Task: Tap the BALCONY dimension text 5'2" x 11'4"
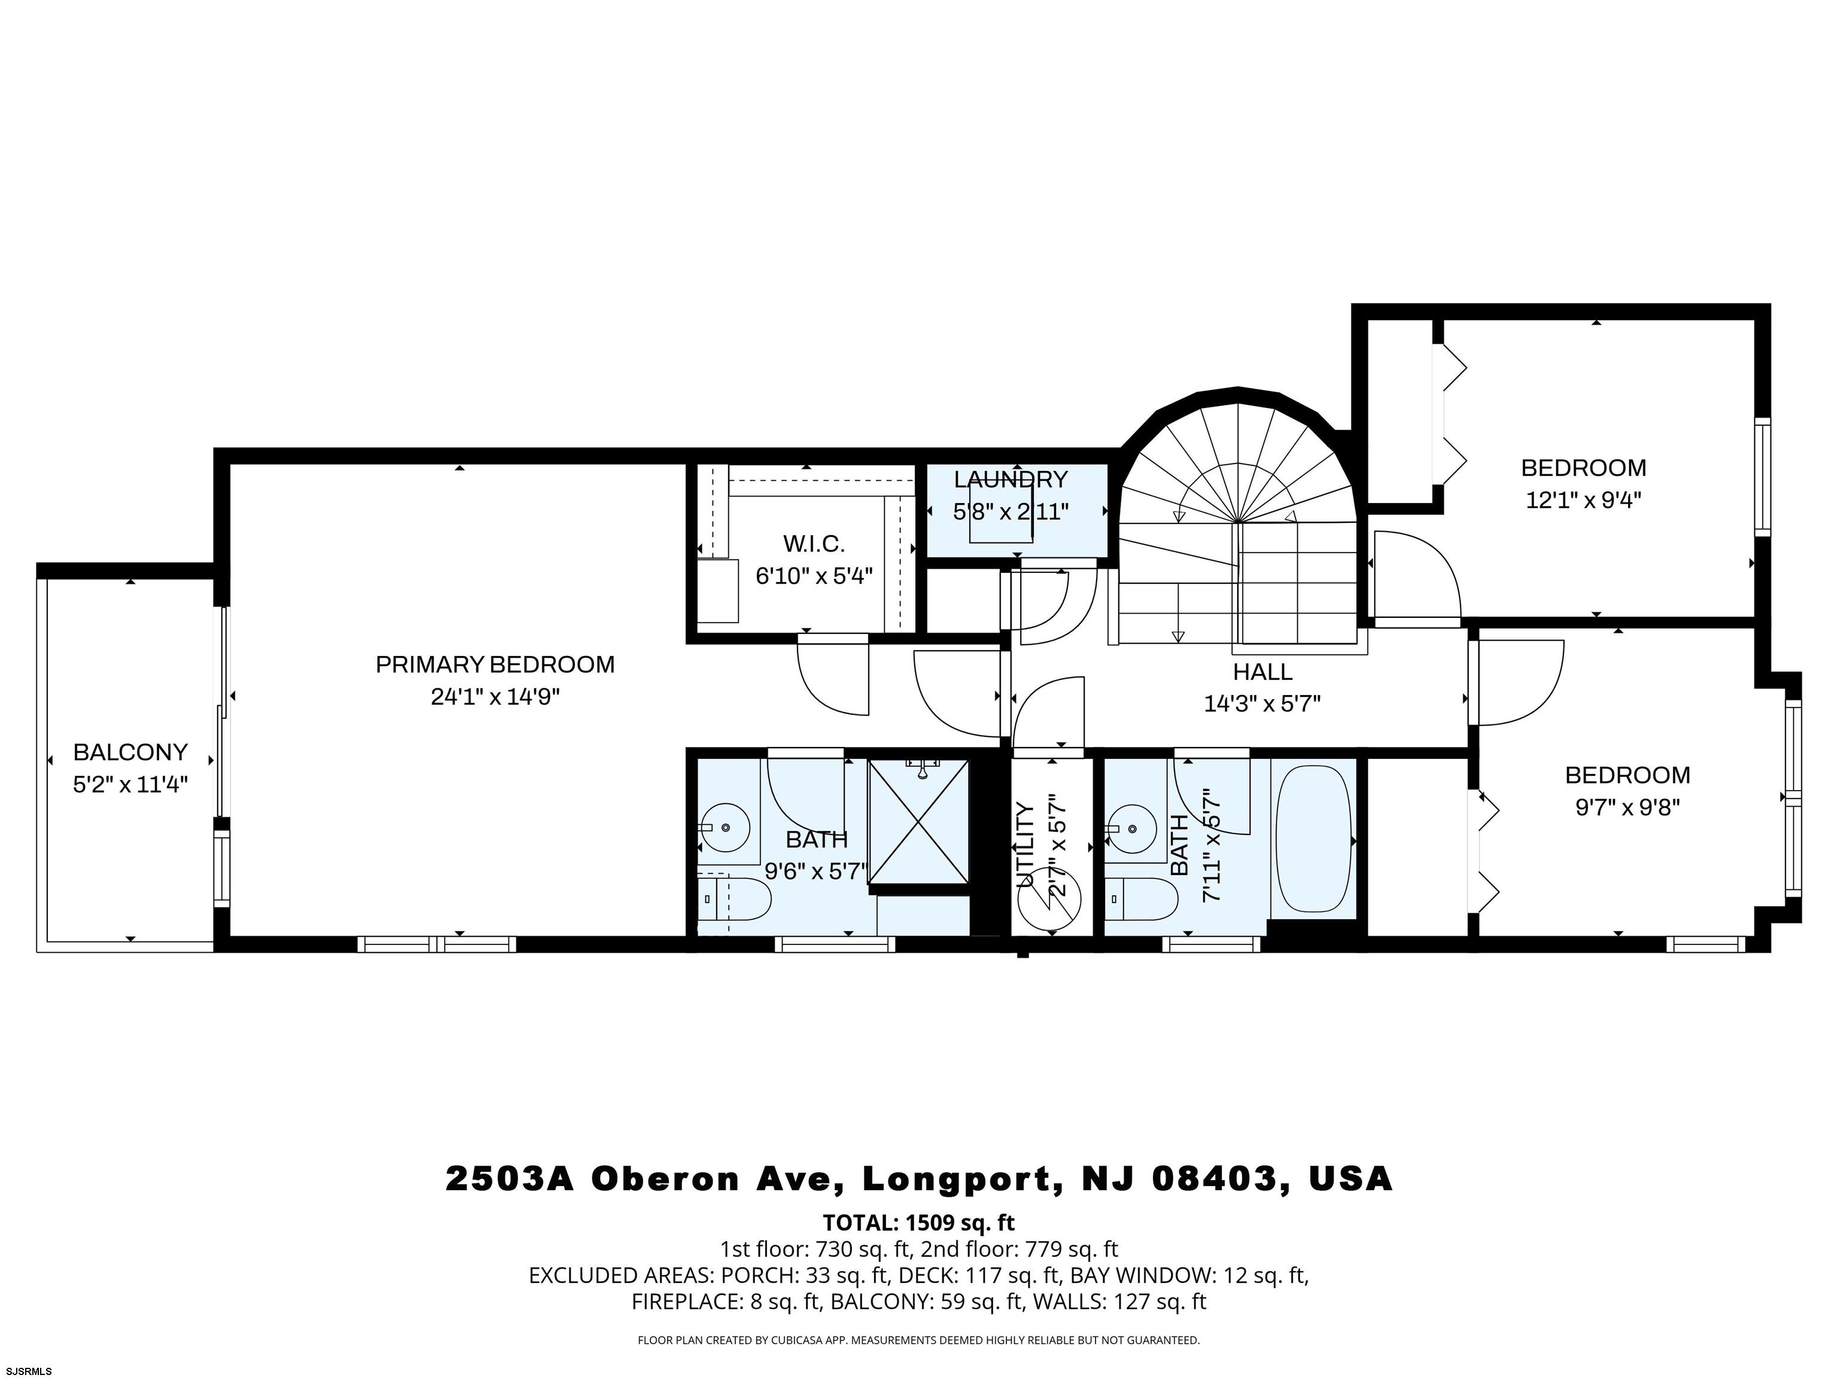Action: pyautogui.click(x=130, y=784)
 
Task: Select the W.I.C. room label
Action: pyautogui.click(x=814, y=544)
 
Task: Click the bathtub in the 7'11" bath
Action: pyautogui.click(x=1312, y=840)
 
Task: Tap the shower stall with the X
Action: pyautogui.click(x=918, y=822)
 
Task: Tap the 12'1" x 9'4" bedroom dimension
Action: pyautogui.click(x=1583, y=501)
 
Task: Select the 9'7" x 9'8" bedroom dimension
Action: pyautogui.click(x=1627, y=807)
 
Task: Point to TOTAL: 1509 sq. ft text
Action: pyautogui.click(x=918, y=1222)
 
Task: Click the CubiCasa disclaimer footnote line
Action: pyautogui.click(x=918, y=1340)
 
